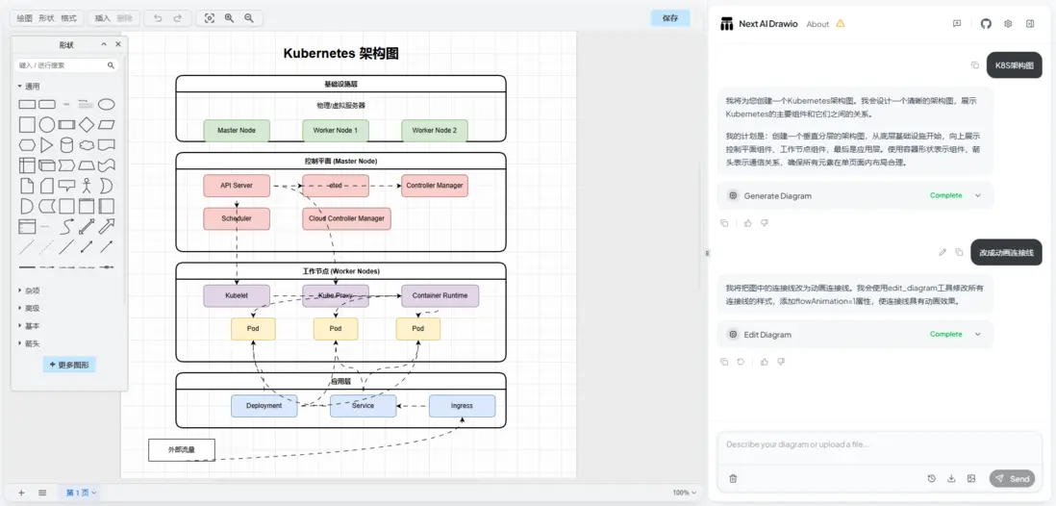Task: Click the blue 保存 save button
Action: point(670,17)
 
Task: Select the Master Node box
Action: point(237,130)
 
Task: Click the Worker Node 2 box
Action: point(435,130)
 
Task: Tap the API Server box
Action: point(237,186)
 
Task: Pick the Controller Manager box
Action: point(435,186)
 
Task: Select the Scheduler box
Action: point(237,218)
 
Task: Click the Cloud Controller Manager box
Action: point(346,218)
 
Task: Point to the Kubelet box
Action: point(237,295)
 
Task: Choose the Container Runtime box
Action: point(440,295)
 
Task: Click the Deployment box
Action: point(264,406)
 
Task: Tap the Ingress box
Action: point(462,406)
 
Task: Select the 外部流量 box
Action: point(181,449)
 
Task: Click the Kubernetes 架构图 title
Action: point(340,54)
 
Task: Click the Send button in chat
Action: point(1013,478)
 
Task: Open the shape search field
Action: point(63,65)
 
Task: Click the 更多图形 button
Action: point(69,365)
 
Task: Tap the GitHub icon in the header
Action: point(986,24)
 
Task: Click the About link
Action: point(817,24)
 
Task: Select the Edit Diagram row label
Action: point(767,335)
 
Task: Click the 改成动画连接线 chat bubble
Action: point(1006,252)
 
